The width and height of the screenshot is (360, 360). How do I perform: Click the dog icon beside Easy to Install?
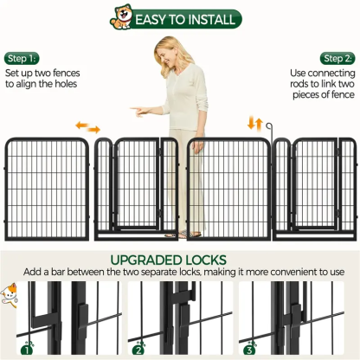coord(121,16)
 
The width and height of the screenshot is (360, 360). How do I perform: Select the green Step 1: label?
coord(21,58)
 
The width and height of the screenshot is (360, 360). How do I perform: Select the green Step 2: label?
coord(337,58)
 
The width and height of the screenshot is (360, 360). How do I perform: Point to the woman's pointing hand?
coord(138,111)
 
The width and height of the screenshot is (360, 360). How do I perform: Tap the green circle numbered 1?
coord(27,350)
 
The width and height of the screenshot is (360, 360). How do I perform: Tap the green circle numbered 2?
coord(138,350)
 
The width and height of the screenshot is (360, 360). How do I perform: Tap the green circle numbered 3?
coord(249,350)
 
